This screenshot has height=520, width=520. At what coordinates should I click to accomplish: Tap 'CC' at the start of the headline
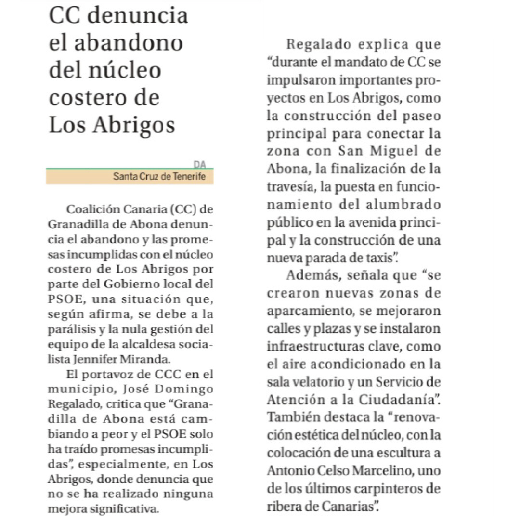(66, 15)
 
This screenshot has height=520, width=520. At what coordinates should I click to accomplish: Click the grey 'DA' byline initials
(200, 164)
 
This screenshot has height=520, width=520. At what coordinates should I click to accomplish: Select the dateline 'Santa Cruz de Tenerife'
(159, 177)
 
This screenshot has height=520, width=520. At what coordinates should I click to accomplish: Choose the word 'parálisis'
(71, 330)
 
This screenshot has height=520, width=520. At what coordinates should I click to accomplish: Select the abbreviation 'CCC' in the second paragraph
(169, 375)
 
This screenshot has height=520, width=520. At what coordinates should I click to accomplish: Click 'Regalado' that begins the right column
(320, 45)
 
